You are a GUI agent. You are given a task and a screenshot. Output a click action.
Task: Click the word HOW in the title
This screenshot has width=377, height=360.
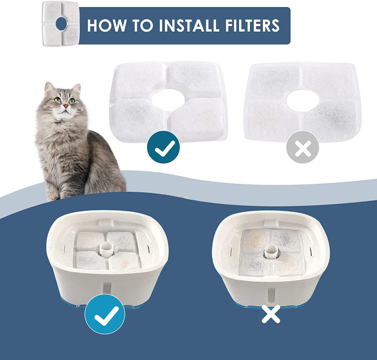pyautogui.click(x=107, y=25)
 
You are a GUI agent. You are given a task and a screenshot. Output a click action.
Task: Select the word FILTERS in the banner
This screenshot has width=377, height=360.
pyautogui.click(x=253, y=25)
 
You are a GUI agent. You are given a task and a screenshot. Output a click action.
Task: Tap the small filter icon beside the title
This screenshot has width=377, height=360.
pyautogui.click(x=61, y=23)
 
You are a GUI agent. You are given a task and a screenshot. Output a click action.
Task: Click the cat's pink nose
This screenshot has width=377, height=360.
pyautogui.click(x=66, y=105)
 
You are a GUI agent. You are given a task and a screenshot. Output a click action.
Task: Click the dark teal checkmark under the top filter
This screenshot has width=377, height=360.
pyautogui.click(x=163, y=147)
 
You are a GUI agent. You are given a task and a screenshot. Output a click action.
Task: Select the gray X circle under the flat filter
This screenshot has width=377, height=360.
pyautogui.click(x=303, y=147)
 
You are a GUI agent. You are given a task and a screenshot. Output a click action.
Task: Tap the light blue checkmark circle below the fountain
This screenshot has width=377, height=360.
pyautogui.click(x=105, y=314)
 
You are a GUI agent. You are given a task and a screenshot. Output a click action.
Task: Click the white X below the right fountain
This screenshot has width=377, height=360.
pyautogui.click(x=271, y=314)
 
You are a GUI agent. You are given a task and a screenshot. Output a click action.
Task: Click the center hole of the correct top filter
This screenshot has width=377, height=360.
pyautogui.click(x=168, y=100)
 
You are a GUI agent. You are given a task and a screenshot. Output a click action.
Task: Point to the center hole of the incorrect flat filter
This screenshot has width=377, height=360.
pyautogui.click(x=303, y=100)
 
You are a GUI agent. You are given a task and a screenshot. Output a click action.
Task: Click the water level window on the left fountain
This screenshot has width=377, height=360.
pyautogui.click(x=107, y=288)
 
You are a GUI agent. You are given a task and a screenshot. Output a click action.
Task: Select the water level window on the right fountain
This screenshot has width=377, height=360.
pyautogui.click(x=271, y=294)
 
